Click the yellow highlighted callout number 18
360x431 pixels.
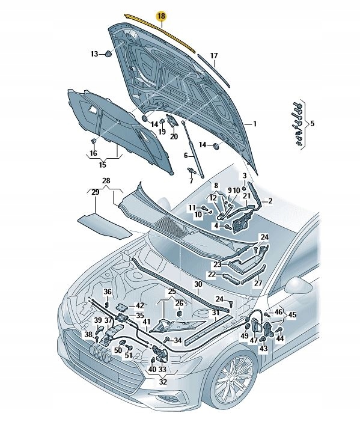point(161,16)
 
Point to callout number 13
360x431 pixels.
point(94,54)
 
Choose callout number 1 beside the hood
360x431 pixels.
point(255,124)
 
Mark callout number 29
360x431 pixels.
point(94,191)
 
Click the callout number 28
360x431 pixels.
point(106,180)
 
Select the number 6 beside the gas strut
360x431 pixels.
point(186,155)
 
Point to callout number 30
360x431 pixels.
point(198,284)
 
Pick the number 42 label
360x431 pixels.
point(140,305)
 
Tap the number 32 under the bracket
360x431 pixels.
point(163,381)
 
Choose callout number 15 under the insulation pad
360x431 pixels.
point(102,165)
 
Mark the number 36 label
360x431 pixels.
point(108,292)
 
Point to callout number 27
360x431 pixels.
point(258,283)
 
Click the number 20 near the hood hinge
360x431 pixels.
point(174,136)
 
